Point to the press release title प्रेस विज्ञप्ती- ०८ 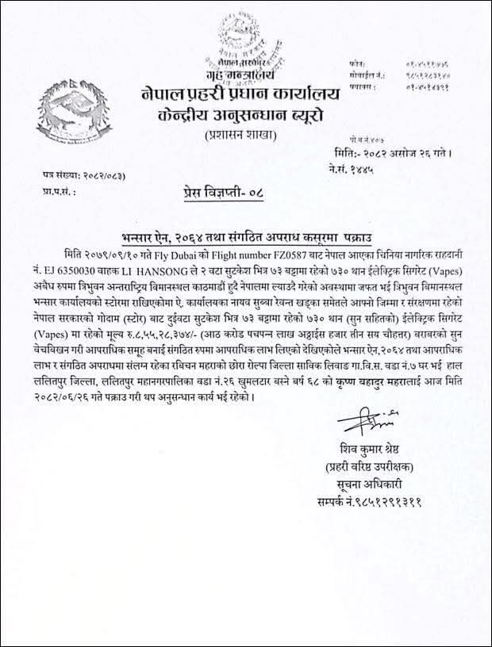213,192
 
